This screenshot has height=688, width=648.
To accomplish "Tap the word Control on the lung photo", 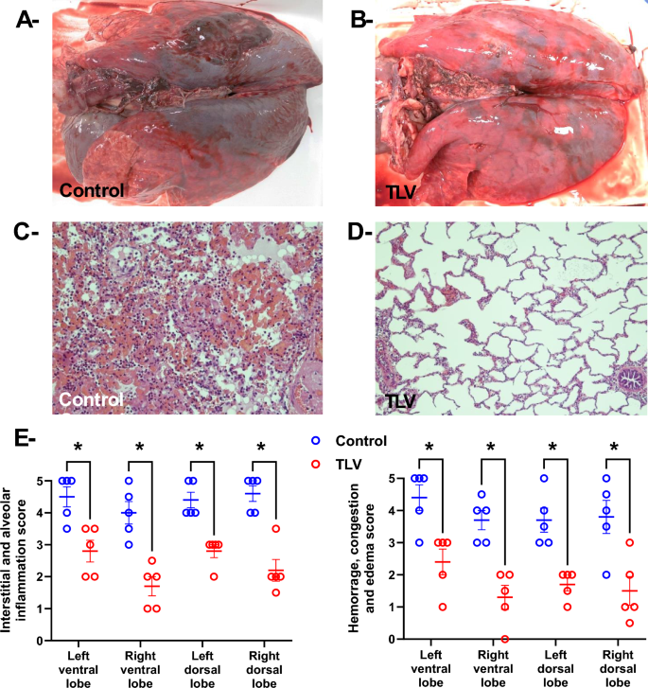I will (92, 190).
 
